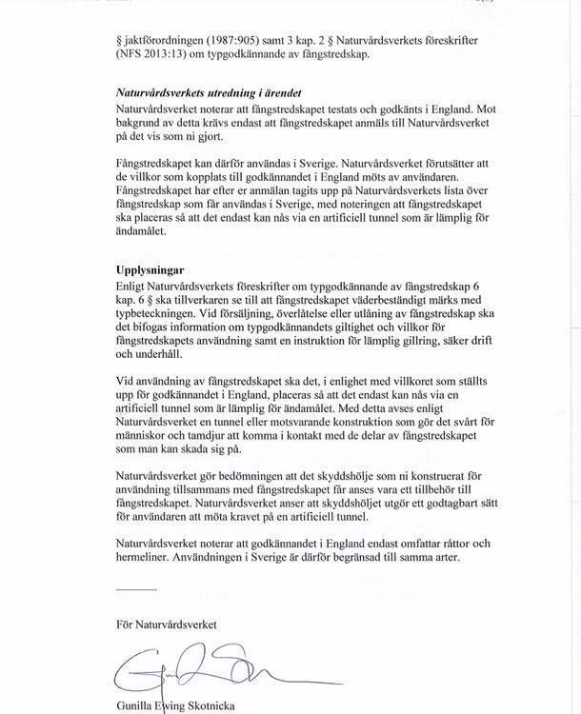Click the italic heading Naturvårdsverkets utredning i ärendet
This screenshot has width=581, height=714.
pos(209,94)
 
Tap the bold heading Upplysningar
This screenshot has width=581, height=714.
pos(150,270)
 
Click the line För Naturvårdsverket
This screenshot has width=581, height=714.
pos(166,625)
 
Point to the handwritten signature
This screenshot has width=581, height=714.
pos(200,670)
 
